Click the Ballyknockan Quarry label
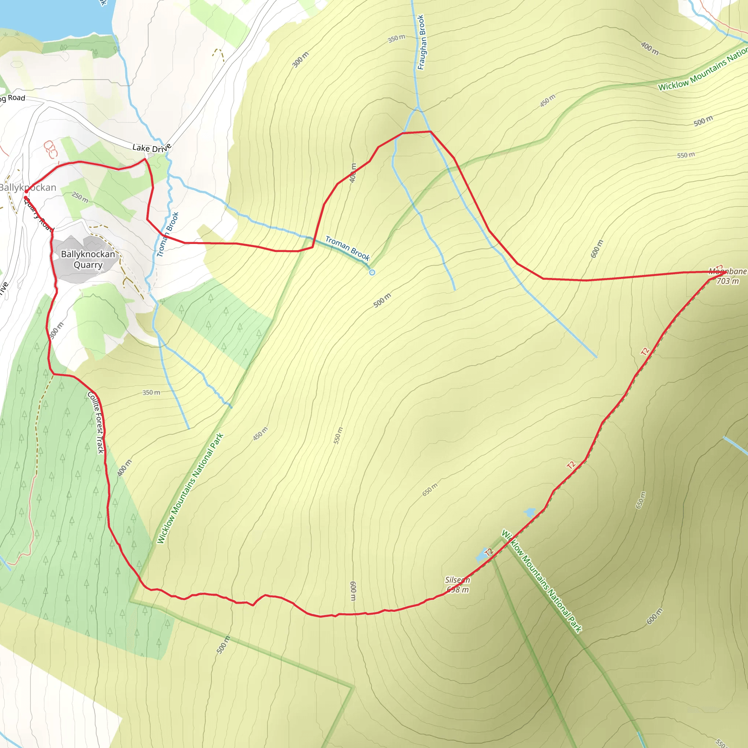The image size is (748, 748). [x=88, y=259]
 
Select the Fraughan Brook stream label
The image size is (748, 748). [x=421, y=42]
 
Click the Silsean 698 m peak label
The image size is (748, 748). [x=457, y=585]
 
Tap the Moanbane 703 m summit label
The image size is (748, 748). [x=727, y=276]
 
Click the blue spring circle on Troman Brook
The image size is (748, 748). [x=372, y=272]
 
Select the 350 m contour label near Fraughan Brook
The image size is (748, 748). [x=396, y=38]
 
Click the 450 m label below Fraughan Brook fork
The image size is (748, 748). [x=547, y=101]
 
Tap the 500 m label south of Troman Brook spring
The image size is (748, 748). [x=382, y=301]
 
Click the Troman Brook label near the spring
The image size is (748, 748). [x=347, y=248]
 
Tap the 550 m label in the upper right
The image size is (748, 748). [x=686, y=155]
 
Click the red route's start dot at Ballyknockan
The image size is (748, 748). [x=26, y=191]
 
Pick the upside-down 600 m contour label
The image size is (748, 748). [x=353, y=591]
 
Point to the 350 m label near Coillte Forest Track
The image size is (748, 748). [x=151, y=393]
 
